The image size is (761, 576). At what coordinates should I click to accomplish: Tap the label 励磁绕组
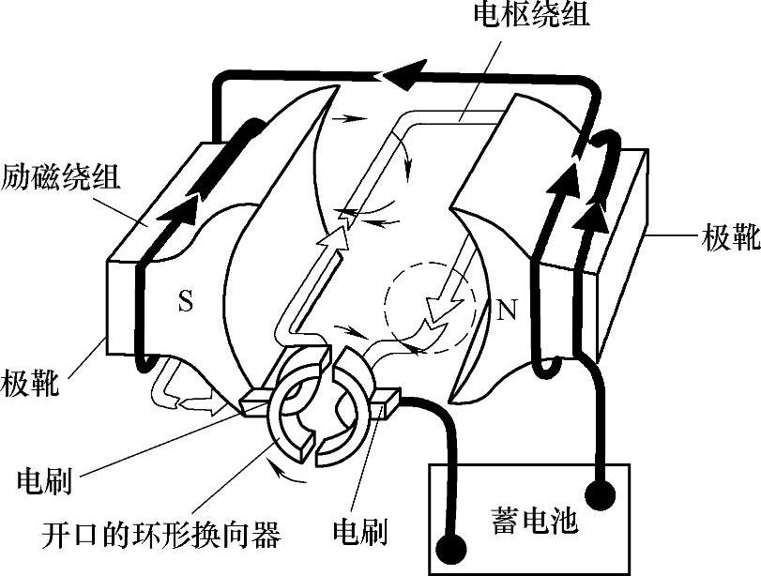pos(59,174)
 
